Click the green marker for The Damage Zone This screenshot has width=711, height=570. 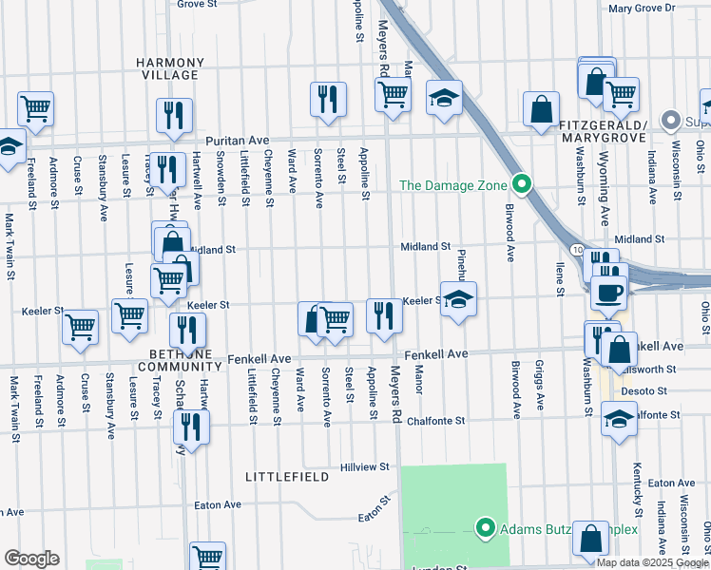(520, 184)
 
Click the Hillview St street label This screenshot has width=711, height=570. (366, 467)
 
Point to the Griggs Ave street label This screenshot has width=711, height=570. (540, 389)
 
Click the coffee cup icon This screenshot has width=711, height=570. (608, 291)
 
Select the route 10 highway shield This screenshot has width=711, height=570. (578, 249)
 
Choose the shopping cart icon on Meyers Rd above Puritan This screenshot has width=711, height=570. (392, 94)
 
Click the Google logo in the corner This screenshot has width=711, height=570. (31, 559)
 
